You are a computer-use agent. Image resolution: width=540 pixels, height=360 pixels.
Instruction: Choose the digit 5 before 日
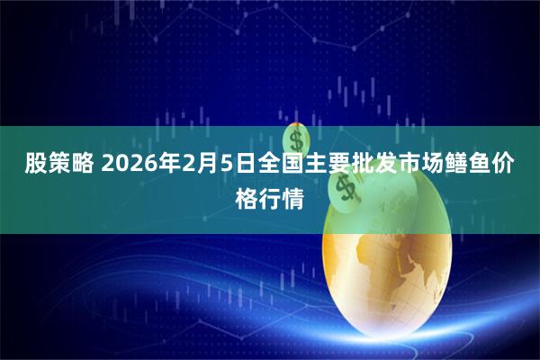pos(221,165)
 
